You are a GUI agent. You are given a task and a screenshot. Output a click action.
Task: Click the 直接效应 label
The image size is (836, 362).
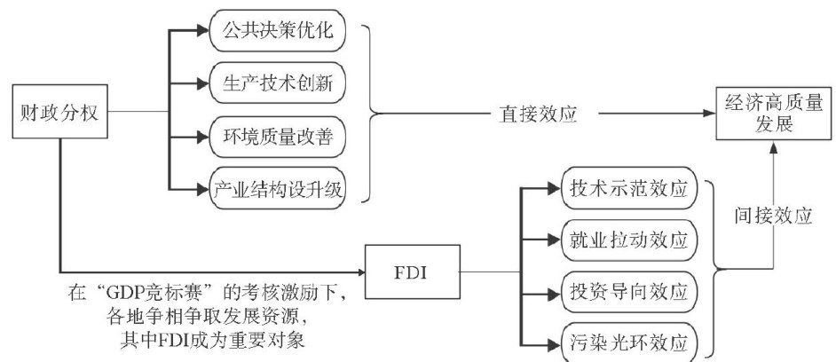pos(531,114)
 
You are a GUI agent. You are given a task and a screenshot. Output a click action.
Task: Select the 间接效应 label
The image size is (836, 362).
pos(774,214)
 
